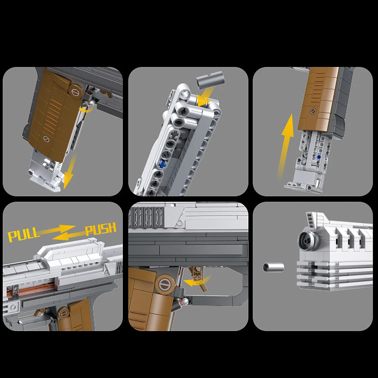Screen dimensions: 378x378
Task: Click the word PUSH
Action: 100,229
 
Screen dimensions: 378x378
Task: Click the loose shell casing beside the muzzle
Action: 273,268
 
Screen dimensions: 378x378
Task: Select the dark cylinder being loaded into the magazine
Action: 211,80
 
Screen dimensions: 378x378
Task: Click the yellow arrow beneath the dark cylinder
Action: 204,98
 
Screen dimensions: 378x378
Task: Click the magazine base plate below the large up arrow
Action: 304,185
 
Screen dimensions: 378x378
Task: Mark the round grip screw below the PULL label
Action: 64,313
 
